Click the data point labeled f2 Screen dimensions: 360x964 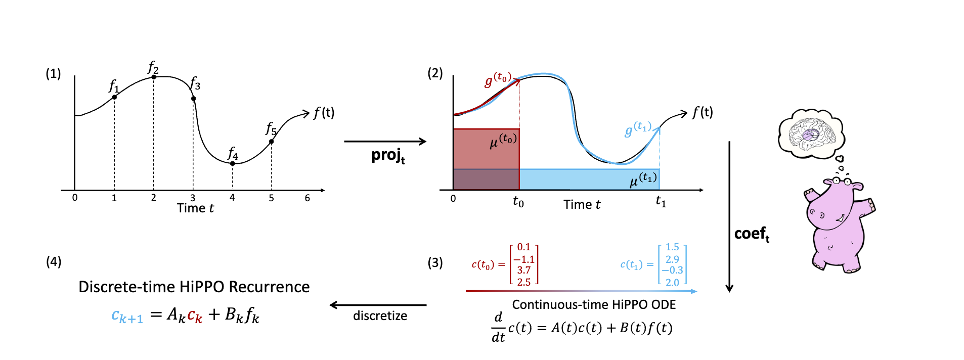(153, 77)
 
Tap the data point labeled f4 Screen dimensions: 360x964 (232, 163)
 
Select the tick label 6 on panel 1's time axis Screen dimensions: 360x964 (307, 198)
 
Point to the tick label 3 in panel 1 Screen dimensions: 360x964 (193, 198)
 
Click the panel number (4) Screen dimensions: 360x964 (54, 261)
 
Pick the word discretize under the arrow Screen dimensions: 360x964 (380, 316)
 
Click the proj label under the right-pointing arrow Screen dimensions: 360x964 (388, 156)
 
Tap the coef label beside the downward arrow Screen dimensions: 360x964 (752, 234)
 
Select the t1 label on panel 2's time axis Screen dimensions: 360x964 (661, 202)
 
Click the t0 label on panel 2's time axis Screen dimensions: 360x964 (518, 202)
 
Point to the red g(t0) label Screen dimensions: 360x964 (498, 80)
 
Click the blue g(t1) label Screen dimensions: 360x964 (638, 129)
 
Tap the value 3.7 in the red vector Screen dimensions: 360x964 (524, 271)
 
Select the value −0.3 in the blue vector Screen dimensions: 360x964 (672, 271)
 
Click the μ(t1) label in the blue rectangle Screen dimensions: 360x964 (643, 179)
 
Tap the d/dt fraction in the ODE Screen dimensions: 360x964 (498, 327)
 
